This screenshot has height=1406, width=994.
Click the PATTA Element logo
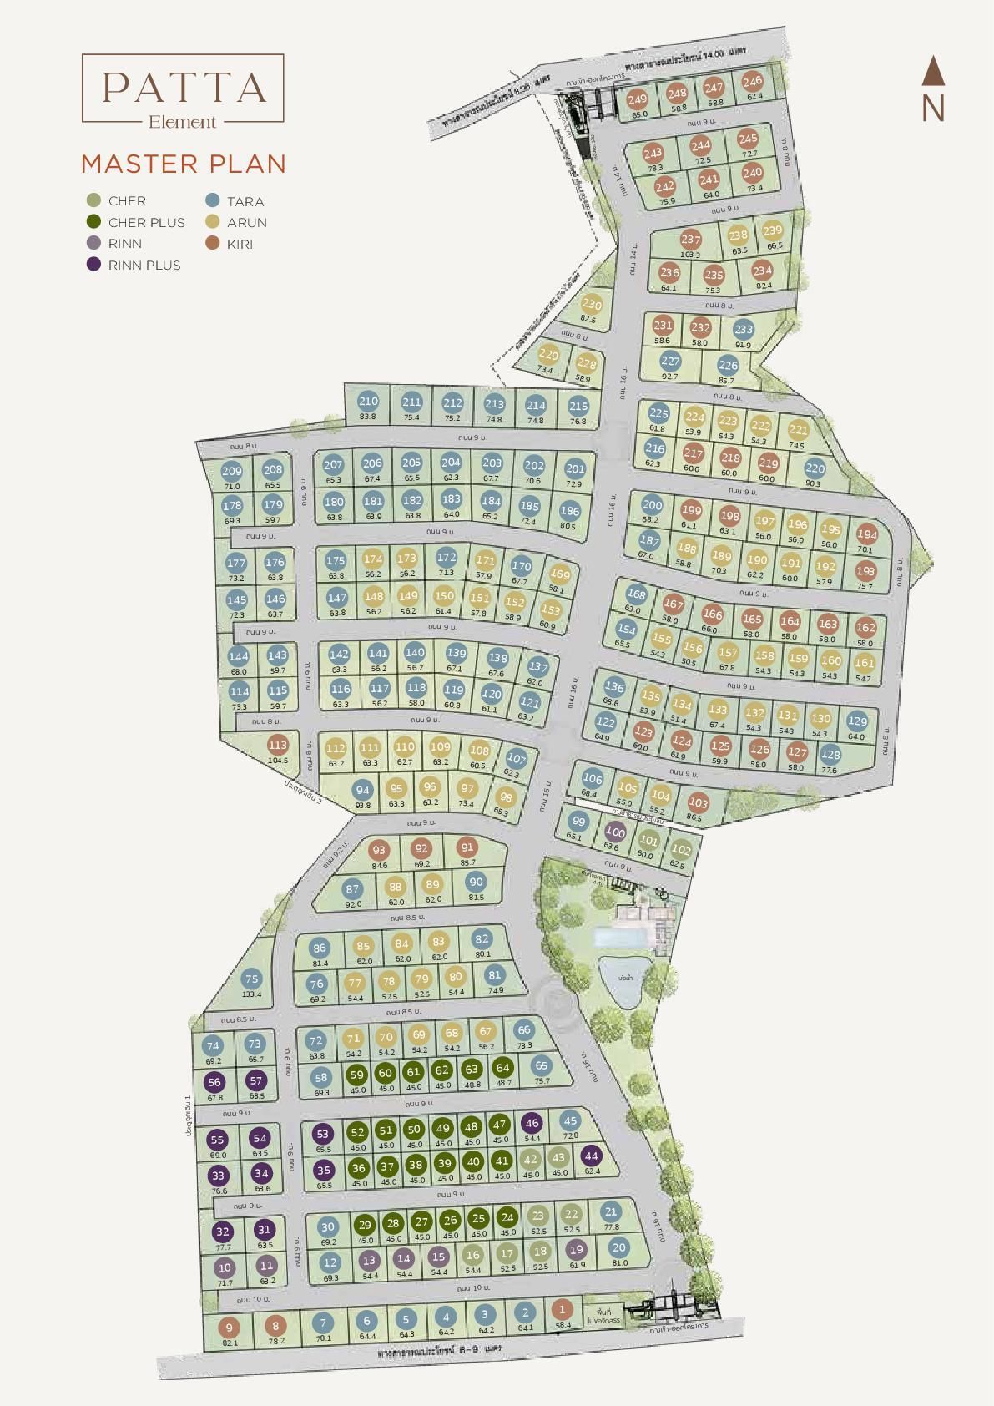tap(183, 89)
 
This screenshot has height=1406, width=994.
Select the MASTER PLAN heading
tap(184, 164)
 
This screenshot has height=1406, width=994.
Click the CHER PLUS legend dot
tap(93, 222)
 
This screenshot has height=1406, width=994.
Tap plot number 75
tap(250, 979)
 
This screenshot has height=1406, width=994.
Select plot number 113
tap(277, 745)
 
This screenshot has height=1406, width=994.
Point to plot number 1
tap(562, 1310)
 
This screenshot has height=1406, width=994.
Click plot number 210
tap(368, 402)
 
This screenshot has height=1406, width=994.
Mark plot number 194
tap(867, 534)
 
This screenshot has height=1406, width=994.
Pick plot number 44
tap(591, 1156)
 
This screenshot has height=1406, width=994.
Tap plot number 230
tap(591, 305)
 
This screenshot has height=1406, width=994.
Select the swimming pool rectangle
tap(620, 938)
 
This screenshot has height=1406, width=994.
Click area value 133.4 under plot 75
tap(251, 994)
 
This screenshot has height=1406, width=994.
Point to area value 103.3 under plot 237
tap(690, 255)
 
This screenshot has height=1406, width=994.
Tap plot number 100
tap(615, 832)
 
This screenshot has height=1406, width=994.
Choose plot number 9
tap(230, 1328)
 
